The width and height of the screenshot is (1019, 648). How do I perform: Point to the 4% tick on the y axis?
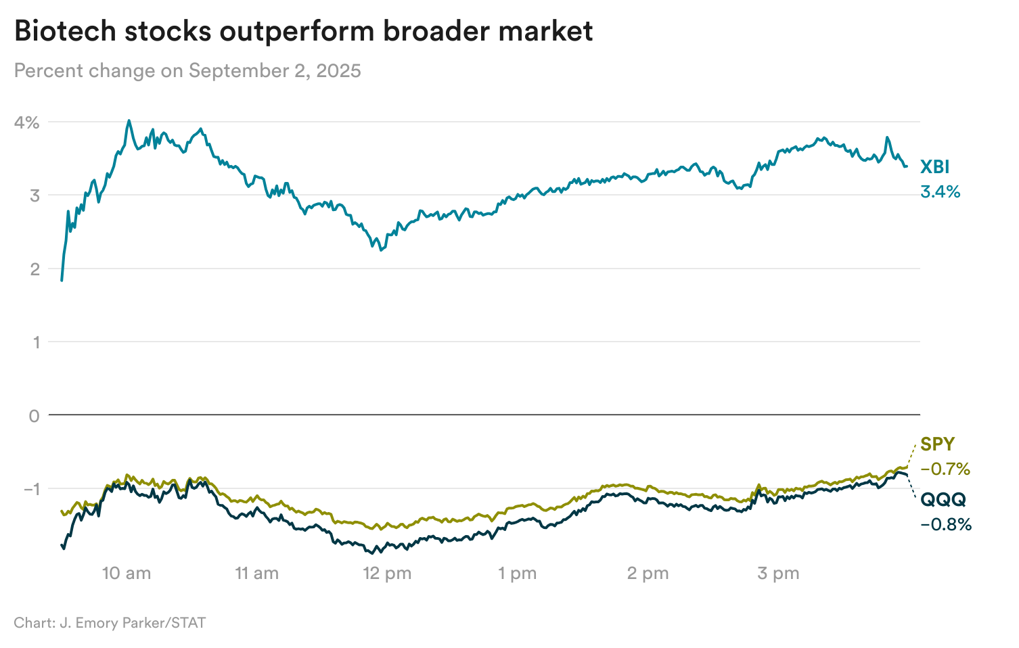click(x=28, y=122)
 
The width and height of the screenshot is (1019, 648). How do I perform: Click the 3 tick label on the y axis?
click(x=34, y=195)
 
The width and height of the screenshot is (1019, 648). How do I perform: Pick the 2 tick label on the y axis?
click(x=34, y=269)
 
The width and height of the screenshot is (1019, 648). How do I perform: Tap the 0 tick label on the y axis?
click(x=34, y=415)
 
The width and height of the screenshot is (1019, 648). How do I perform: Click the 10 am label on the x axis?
click(x=127, y=574)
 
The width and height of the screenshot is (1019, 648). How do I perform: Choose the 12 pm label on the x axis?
click(x=387, y=574)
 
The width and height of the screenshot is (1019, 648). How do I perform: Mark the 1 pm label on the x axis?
click(x=518, y=574)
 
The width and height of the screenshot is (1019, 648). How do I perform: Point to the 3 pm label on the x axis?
click(x=778, y=574)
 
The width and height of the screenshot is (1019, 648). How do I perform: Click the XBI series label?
click(x=934, y=167)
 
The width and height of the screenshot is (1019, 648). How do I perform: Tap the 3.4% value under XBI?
click(x=940, y=192)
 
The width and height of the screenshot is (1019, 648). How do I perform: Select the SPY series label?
click(x=938, y=444)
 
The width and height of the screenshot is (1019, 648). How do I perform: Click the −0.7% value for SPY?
click(x=945, y=469)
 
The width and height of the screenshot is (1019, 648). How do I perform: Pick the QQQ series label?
click(x=943, y=500)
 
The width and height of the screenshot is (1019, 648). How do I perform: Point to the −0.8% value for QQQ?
click(x=946, y=524)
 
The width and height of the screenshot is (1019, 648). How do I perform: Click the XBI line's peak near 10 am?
click(x=129, y=121)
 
